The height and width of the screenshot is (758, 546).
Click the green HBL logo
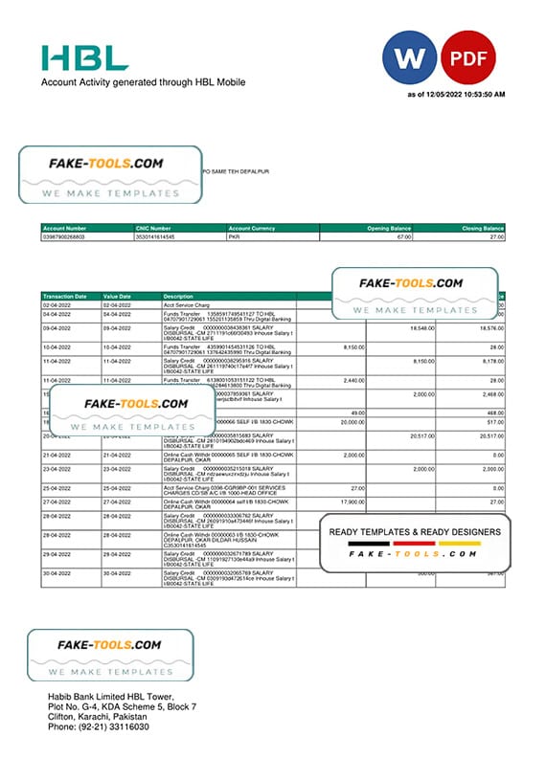[x=84, y=56]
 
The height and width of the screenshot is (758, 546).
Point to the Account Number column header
[x=63, y=229]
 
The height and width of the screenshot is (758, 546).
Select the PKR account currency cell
[x=234, y=236]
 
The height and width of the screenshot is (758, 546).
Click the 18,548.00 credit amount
[x=421, y=327]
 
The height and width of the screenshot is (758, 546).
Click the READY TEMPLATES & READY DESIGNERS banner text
[x=414, y=532]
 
